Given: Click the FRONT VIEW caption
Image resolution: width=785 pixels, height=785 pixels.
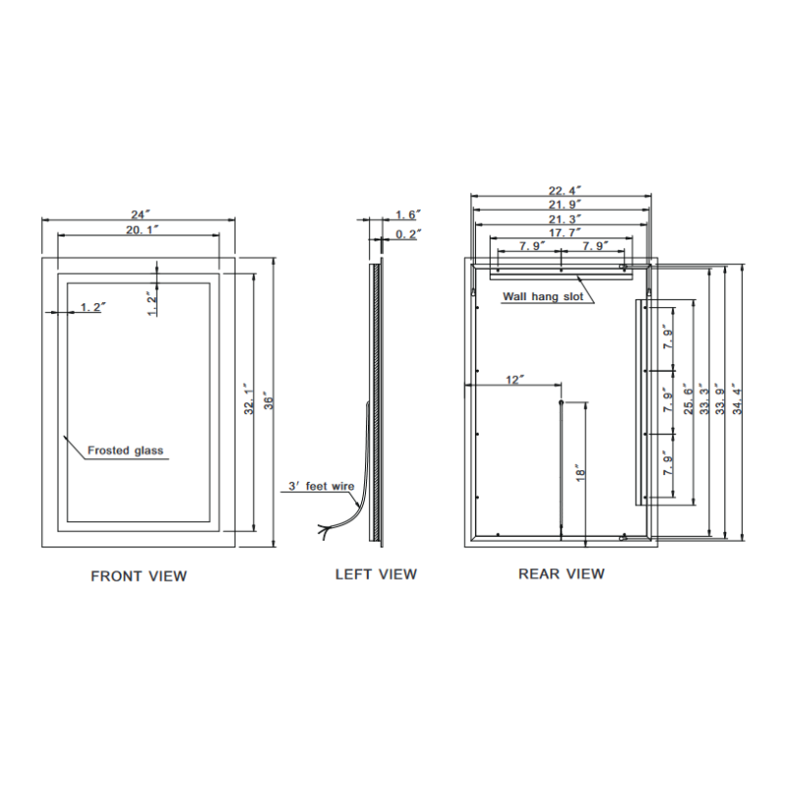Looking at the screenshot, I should pyautogui.click(x=138, y=576).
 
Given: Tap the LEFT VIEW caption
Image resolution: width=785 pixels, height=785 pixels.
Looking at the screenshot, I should pyautogui.click(x=376, y=574).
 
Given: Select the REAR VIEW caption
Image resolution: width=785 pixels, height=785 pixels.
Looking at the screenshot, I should pyautogui.click(x=561, y=573).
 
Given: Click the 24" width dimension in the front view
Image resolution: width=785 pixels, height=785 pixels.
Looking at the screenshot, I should pyautogui.click(x=138, y=213).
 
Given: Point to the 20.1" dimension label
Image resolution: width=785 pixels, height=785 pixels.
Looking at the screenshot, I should pyautogui.click(x=138, y=229).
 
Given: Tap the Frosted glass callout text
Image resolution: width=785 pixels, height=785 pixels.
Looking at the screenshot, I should pyautogui.click(x=126, y=451).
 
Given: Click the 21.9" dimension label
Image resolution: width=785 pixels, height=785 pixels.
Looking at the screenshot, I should pyautogui.click(x=561, y=204).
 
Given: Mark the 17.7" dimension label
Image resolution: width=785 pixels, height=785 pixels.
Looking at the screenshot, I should pyautogui.click(x=561, y=233).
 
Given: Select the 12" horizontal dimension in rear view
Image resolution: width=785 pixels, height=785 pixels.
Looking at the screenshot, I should pyautogui.click(x=515, y=379).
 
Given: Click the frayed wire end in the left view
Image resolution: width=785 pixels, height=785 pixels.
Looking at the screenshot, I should pyautogui.click(x=323, y=532).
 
